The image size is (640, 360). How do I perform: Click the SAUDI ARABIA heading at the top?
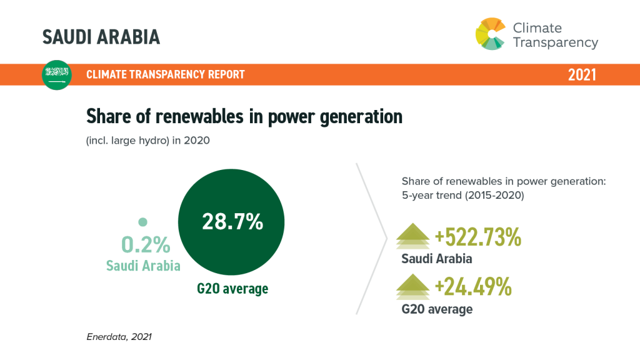pyautogui.click(x=101, y=37)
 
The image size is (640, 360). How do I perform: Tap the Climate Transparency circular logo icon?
pyautogui.click(x=491, y=34)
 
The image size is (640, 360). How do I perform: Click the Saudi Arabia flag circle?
pyautogui.click(x=57, y=75)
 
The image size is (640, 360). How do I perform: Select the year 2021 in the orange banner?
pyautogui.click(x=582, y=75)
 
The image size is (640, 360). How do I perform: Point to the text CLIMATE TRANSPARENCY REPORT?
pyautogui.click(x=165, y=74)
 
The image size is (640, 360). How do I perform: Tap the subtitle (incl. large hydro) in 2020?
pyautogui.click(x=147, y=141)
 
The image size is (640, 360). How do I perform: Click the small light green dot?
pyautogui.click(x=142, y=222)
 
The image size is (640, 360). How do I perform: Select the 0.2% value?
pyautogui.click(x=146, y=244)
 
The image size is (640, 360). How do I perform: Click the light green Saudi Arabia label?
pyautogui.click(x=143, y=266)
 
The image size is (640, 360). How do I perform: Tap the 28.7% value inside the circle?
pyautogui.click(x=232, y=222)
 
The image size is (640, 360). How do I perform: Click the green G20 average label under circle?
pyautogui.click(x=232, y=289)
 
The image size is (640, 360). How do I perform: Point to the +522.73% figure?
pyautogui.click(x=478, y=237)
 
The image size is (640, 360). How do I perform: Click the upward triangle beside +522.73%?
pyautogui.click(x=412, y=236)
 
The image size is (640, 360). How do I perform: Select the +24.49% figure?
pyautogui.click(x=473, y=286)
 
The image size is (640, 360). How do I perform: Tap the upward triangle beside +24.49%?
pyautogui.click(x=412, y=286)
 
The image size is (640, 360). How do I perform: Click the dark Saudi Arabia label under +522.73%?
pyautogui.click(x=437, y=259)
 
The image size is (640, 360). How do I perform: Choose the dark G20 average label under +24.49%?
pyautogui.click(x=437, y=309)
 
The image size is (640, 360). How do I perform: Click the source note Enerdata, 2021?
pyautogui.click(x=119, y=337)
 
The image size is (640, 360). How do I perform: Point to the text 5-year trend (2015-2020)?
pyautogui.click(x=463, y=195)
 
